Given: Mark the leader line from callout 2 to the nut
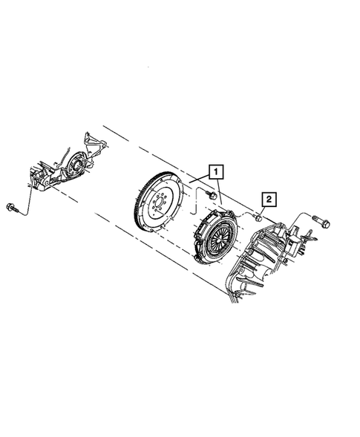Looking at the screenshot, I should pos(264,208).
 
